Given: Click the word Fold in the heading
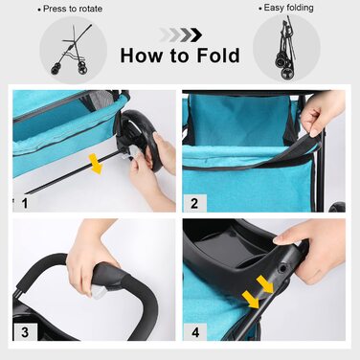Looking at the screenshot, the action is click(218, 56).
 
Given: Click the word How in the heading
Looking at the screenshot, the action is click(142, 56).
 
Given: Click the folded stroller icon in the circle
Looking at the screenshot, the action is click(285, 48).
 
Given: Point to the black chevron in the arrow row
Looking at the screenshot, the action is click(195, 35).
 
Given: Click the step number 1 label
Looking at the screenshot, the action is click(25, 203).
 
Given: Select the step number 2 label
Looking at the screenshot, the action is click(194, 203).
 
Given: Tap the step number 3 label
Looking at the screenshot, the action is click(25, 332).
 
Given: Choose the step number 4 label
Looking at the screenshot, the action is click(195, 332).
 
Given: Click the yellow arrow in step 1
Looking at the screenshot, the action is click(96, 164).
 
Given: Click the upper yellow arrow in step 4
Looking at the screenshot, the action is click(265, 284).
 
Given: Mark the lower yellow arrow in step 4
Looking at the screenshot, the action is click(251, 300).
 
